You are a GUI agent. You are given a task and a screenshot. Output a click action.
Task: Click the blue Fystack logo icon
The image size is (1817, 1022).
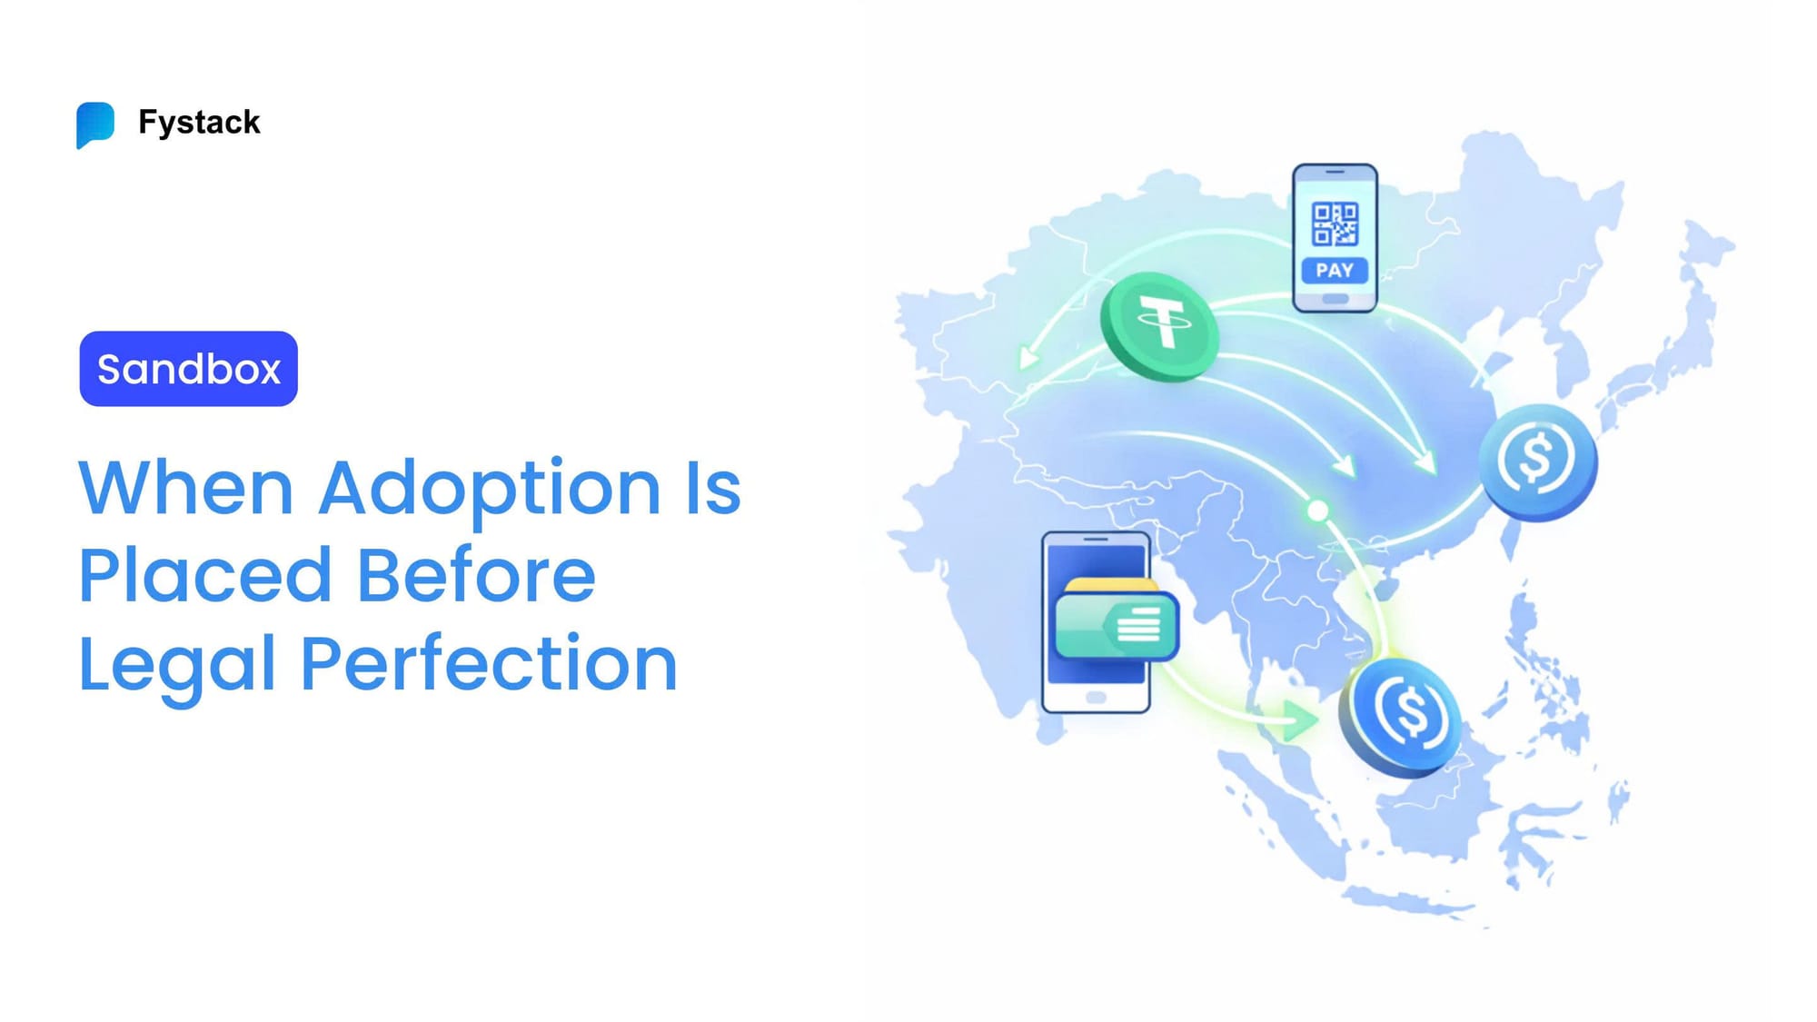pyautogui.click(x=95, y=124)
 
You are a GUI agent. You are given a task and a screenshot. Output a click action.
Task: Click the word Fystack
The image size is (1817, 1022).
pyautogui.click(x=199, y=122)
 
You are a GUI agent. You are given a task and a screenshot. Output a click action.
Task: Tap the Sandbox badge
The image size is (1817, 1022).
pyautogui.click(x=189, y=369)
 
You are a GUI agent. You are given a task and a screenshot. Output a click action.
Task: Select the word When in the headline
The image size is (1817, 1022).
pyautogui.click(x=186, y=488)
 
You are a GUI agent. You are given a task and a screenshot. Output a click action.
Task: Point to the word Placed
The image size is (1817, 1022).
pyautogui.click(x=205, y=576)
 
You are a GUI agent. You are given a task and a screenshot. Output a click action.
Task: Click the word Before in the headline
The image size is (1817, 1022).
pyautogui.click(x=476, y=576)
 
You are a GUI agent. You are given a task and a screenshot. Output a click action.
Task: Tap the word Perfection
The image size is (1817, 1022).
pyautogui.click(x=489, y=664)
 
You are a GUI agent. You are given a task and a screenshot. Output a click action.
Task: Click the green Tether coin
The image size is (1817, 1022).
pyautogui.click(x=1160, y=325)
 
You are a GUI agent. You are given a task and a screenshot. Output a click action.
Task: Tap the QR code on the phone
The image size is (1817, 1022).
pyautogui.click(x=1335, y=223)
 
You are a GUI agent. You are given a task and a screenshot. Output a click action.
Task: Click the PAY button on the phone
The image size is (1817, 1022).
pyautogui.click(x=1335, y=271)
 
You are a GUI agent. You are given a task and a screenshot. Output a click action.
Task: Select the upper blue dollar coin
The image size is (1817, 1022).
pyautogui.click(x=1537, y=461)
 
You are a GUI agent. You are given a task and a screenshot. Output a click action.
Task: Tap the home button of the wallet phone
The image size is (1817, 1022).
pyautogui.click(x=1096, y=698)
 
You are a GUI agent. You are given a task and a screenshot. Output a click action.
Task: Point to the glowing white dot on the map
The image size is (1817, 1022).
pyautogui.click(x=1317, y=511)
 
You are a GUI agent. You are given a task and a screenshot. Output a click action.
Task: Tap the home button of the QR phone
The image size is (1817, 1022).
pyautogui.click(x=1335, y=299)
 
